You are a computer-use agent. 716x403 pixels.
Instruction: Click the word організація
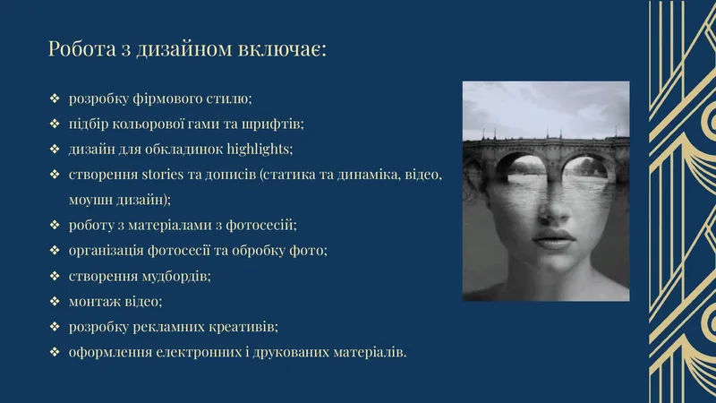[107, 251]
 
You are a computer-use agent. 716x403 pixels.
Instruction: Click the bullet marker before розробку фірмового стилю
[55, 99]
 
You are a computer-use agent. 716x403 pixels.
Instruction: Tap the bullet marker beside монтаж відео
[55, 301]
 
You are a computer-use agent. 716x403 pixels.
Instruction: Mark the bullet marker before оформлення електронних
[55, 352]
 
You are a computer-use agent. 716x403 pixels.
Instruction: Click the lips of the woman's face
[553, 239]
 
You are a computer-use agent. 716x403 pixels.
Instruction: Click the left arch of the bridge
[520, 166]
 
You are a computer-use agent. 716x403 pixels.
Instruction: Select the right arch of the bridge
[586, 167]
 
